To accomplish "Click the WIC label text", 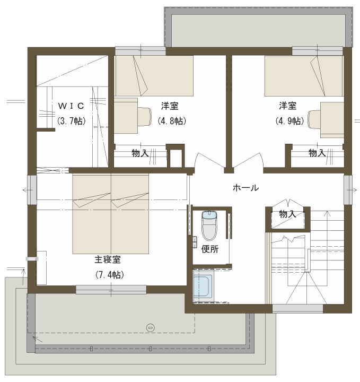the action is coord(71,106).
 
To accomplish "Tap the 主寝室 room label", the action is coord(108,259).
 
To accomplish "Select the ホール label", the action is coord(245,188).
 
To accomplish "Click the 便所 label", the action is coord(210,249).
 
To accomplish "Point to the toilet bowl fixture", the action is coord(209,226).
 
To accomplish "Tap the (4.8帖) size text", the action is coord(172,121).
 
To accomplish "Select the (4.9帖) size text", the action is coord(289,121).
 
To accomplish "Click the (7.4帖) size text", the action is coord(110,275).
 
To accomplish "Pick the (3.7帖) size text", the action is coord(72,121).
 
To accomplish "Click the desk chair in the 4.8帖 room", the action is coord(145,116).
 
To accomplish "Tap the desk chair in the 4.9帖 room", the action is coord(314,119).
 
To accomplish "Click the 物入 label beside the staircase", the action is coord(287,214).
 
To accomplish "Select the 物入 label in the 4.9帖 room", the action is coord(317,153).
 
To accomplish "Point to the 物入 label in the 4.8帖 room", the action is coord(140,153).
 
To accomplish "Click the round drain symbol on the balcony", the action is coord(151,327).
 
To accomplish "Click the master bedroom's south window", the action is coord(111,290).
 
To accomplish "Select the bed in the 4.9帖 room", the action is coord(304,76).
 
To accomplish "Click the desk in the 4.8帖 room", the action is coord(126,116).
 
